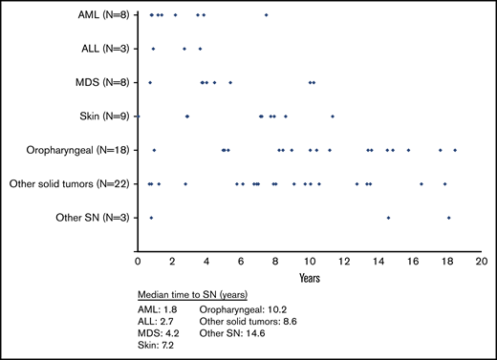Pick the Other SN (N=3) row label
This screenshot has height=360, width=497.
point(90,218)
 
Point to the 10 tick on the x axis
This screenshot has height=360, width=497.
point(309,261)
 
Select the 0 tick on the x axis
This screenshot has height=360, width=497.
point(138,261)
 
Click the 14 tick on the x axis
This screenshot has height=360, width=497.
point(378,261)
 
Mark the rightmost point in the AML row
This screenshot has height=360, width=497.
point(266,15)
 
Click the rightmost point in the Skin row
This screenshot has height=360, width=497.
point(332,116)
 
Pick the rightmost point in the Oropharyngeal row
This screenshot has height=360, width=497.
point(455,150)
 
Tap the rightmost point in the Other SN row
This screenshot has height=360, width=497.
point(448,218)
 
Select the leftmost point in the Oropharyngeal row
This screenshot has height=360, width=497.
point(154,150)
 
